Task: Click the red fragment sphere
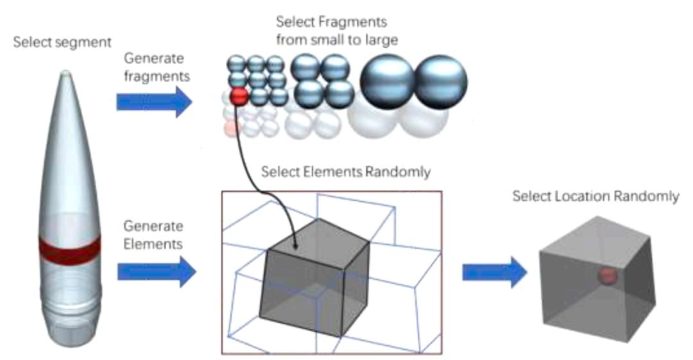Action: [x=239, y=97]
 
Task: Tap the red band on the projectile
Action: [x=70, y=250]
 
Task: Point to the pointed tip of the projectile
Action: [x=65, y=72]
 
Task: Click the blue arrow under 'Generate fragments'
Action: [x=154, y=102]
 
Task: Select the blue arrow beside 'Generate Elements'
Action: [x=157, y=271]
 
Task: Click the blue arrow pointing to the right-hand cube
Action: [x=495, y=273]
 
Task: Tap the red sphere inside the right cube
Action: [x=608, y=276]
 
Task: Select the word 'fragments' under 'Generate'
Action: [x=157, y=76]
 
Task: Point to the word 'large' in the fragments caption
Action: [x=381, y=40]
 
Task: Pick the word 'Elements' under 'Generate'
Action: [x=153, y=244]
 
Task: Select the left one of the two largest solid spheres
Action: [x=388, y=82]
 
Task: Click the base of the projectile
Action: [x=70, y=335]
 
